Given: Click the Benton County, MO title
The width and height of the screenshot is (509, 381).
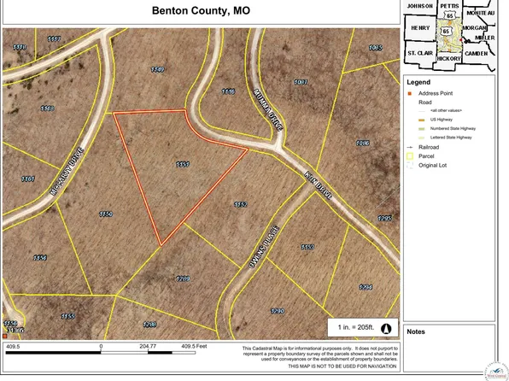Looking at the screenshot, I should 202,12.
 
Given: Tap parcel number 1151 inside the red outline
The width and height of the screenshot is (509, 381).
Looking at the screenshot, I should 181,164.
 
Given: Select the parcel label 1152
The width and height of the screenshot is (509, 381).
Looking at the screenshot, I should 240,205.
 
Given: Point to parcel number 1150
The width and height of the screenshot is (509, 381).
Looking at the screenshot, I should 105,214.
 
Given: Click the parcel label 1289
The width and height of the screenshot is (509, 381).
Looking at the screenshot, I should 182,278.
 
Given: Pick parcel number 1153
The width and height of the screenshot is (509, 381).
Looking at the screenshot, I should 307,247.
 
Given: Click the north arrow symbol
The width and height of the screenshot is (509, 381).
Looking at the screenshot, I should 384,329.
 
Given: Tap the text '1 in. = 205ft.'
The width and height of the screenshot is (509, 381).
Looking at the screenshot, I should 353,329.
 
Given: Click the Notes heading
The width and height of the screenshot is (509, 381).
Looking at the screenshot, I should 417,331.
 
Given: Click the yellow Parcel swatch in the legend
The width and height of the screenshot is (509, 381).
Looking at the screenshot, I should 410,156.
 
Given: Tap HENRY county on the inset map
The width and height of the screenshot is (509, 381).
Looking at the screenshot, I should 421,28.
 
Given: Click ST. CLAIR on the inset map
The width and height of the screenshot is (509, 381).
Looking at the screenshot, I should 420,53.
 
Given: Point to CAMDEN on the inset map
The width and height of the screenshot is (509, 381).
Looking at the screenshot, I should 475,53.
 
